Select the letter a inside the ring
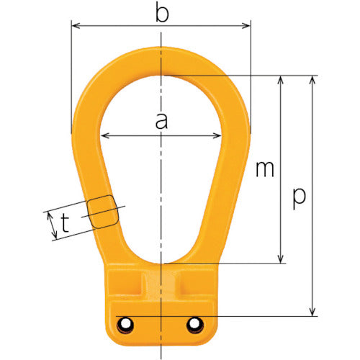pyautogui.click(x=161, y=122)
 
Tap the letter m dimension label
pyautogui.click(x=264, y=169)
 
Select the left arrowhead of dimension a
pyautogui.click(x=104, y=136)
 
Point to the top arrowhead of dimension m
pyautogui.click(x=281, y=78)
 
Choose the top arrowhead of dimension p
pyautogui.click(x=312, y=78)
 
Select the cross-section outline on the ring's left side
pyautogui.click(x=102, y=212)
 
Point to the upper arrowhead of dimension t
pyautogui.click(x=48, y=214)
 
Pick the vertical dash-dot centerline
pyautogui.click(x=162, y=180)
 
